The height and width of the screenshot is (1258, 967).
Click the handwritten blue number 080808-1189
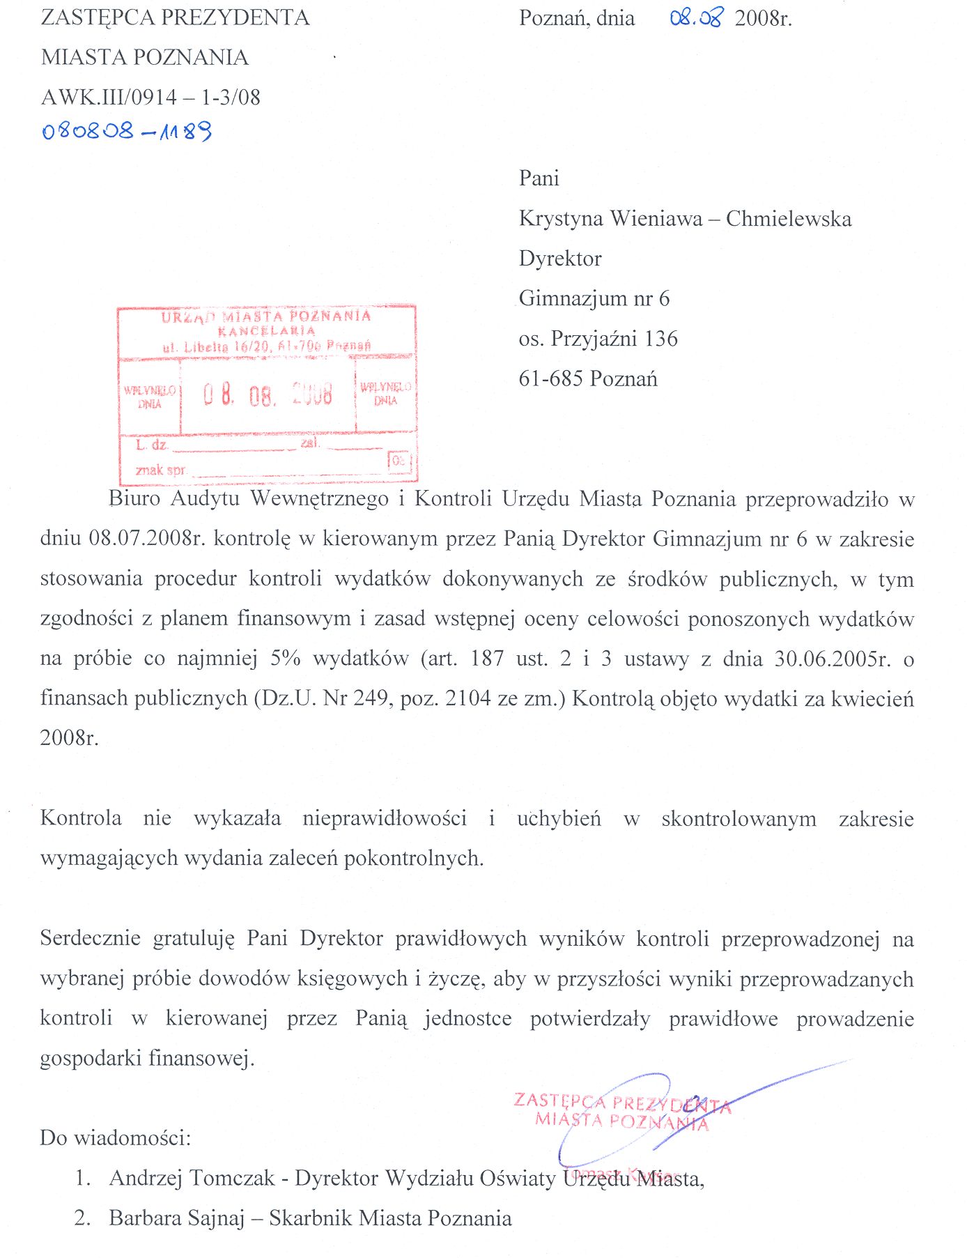coord(127,130)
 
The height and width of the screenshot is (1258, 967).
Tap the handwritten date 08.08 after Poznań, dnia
coord(696,17)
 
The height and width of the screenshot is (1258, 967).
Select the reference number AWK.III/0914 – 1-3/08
coord(150,97)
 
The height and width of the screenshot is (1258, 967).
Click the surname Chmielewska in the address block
coord(788,219)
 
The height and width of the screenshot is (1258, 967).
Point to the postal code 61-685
coord(550,378)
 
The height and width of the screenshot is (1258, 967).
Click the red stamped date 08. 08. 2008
coord(268,394)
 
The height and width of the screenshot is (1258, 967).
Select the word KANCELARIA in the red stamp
coord(266,330)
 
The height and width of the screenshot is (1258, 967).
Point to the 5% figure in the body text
coord(286,658)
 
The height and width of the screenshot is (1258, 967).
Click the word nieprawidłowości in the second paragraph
coord(385,818)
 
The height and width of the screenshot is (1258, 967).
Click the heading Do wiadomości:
coord(115,1137)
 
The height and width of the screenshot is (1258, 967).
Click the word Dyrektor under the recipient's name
coord(560,259)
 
